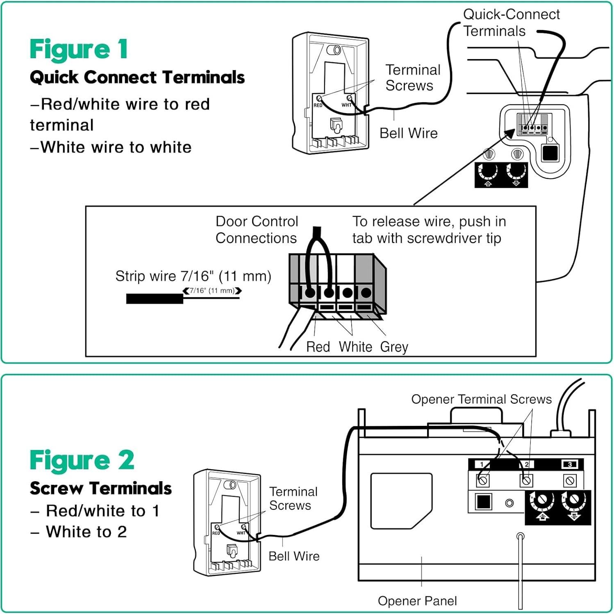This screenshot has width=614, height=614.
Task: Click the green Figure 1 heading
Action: point(79,50)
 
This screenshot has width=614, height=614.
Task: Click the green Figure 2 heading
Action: point(82,460)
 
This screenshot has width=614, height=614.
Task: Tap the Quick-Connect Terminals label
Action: point(511,23)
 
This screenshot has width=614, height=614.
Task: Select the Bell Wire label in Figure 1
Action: point(408,133)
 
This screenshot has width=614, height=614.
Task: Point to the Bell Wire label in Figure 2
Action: point(294,556)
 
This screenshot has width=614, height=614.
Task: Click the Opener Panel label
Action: point(417,601)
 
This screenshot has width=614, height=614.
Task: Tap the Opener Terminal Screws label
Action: point(481,399)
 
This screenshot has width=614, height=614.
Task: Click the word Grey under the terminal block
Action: point(394,347)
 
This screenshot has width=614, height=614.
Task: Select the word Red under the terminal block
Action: point(318,347)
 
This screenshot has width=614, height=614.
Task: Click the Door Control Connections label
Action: point(257,230)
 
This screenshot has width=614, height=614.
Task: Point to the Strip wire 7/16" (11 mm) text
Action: point(193,276)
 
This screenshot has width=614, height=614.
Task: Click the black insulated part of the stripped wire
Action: point(155,299)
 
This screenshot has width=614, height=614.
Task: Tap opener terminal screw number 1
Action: point(483,480)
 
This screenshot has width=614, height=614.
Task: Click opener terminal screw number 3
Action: point(570,480)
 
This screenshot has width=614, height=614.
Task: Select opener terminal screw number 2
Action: point(526,480)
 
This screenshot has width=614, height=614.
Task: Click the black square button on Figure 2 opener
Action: point(484,501)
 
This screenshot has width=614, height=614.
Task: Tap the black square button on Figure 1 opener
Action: point(550,153)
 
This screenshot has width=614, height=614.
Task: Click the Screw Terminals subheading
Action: point(101,488)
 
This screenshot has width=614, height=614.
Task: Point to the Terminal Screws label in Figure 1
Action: point(412,77)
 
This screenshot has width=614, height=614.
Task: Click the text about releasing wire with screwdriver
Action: point(429,230)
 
